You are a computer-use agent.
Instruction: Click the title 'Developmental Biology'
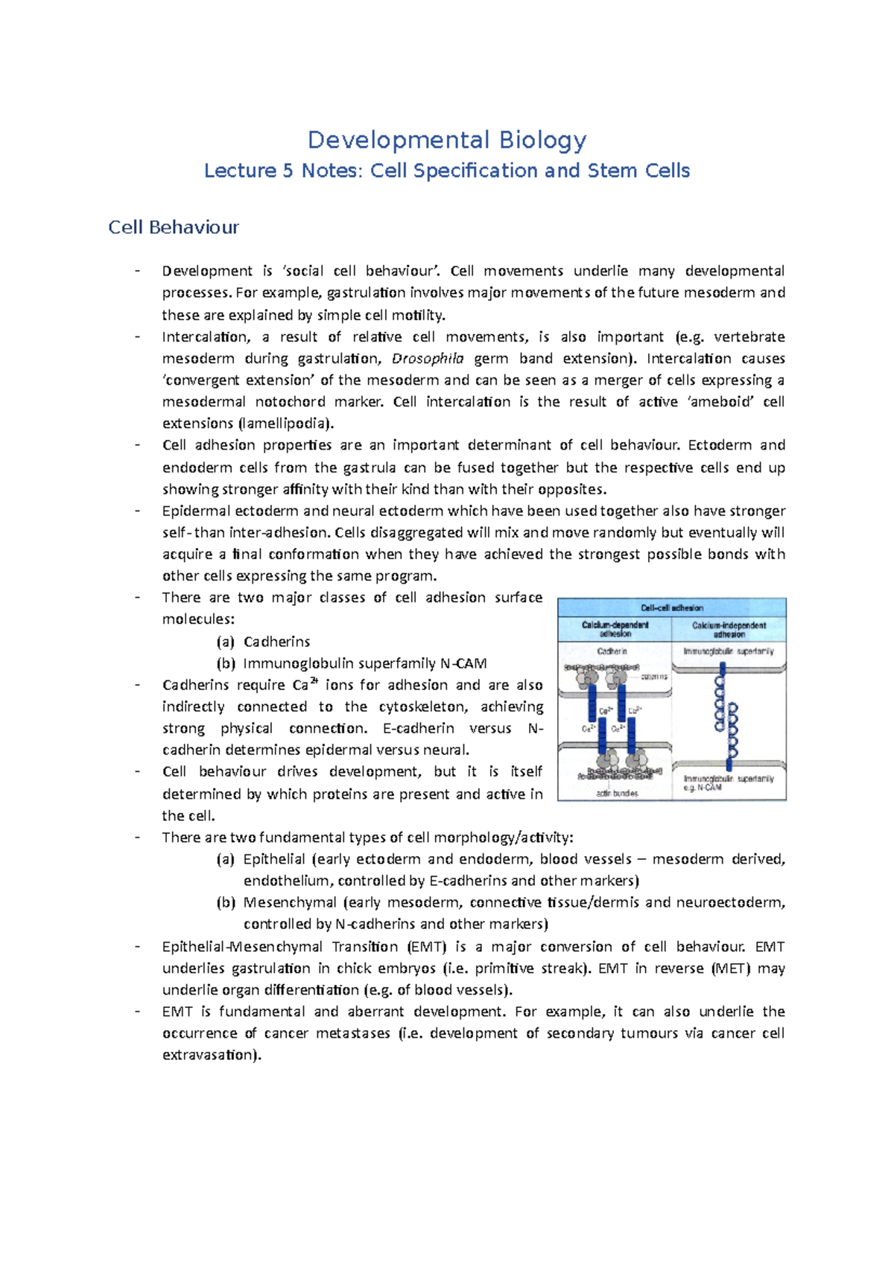pos(447,140)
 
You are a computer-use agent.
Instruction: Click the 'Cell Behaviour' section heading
pos(173,227)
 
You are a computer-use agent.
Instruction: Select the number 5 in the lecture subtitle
pos(288,170)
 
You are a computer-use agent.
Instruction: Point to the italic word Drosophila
pos(428,359)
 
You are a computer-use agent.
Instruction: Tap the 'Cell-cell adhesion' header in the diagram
pos(671,607)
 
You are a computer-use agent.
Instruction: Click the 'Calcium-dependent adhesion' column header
pos(615,629)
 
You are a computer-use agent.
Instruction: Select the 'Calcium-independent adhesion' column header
pos(729,629)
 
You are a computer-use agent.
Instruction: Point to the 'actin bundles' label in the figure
pos(617,793)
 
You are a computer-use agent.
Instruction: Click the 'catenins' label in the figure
pos(654,677)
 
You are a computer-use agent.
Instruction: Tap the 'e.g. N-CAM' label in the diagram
pos(703,788)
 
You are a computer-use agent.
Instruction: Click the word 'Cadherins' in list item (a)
pos(276,642)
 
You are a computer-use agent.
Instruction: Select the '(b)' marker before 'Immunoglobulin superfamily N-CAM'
pos(226,663)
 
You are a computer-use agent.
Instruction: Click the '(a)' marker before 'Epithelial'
pos(226,859)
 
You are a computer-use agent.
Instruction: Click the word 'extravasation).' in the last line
pos(212,1055)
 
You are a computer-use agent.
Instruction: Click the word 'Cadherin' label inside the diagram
pos(612,651)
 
